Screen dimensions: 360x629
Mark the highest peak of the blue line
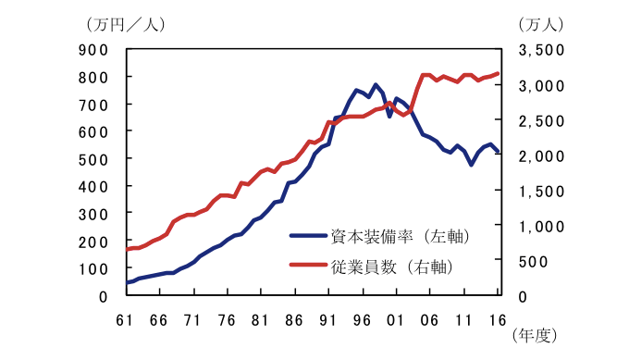[376, 84]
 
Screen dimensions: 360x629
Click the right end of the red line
[499, 73]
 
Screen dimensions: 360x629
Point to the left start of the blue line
[126, 283]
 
